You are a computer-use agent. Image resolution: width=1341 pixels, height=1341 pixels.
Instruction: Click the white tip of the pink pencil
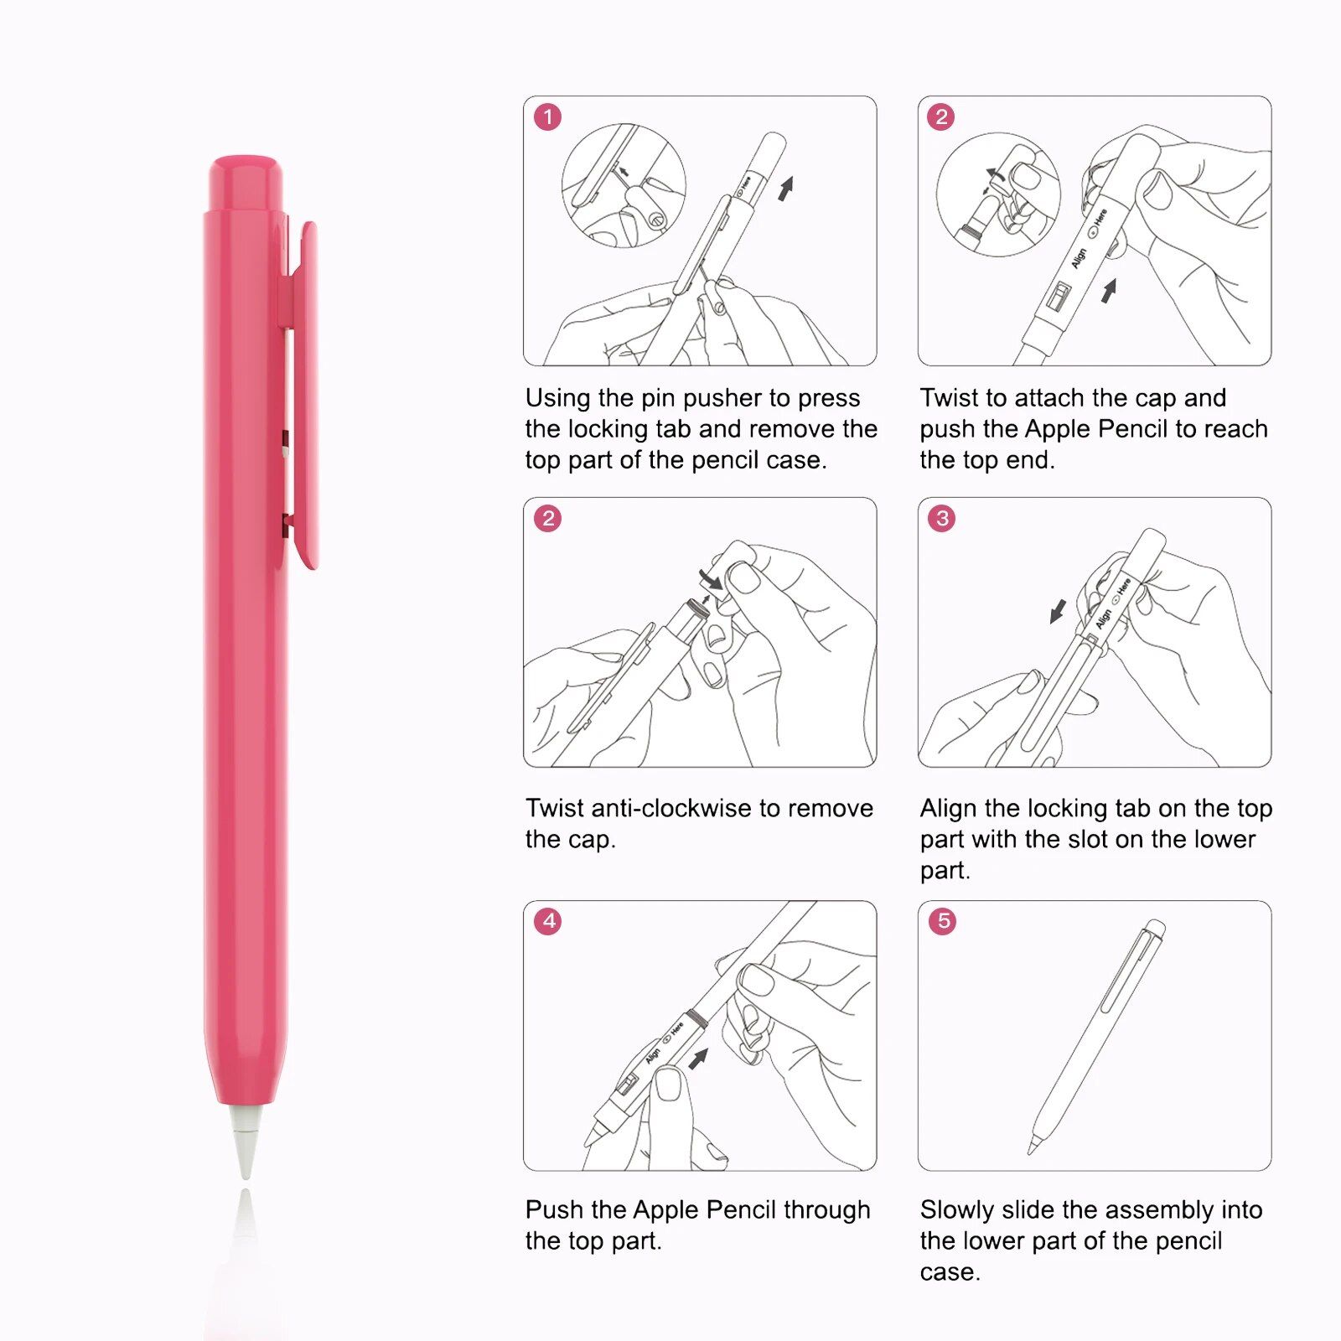pos(246,1140)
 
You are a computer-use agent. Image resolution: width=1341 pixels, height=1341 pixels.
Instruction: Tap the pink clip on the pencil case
pos(303,394)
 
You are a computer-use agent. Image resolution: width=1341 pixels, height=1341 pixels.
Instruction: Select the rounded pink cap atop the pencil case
pos(246,182)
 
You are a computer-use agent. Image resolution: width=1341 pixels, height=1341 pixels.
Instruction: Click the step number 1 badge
pos(548,117)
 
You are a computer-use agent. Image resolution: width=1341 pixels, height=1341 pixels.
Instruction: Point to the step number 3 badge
pos(942,519)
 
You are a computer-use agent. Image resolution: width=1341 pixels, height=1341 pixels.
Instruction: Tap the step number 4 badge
pos(548,921)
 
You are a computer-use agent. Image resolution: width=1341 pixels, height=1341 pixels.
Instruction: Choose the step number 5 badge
pos(942,921)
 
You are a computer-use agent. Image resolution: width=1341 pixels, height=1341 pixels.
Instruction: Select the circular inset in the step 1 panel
pos(624,185)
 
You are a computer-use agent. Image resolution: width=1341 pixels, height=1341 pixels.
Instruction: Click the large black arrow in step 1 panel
pos(785,189)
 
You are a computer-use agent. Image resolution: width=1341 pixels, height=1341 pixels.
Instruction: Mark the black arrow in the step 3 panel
pos(1059,611)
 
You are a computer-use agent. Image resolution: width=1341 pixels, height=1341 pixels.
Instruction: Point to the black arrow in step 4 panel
pos(698,1059)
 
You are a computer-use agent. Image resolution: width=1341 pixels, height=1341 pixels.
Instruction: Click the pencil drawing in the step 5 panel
pos(1096,1037)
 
